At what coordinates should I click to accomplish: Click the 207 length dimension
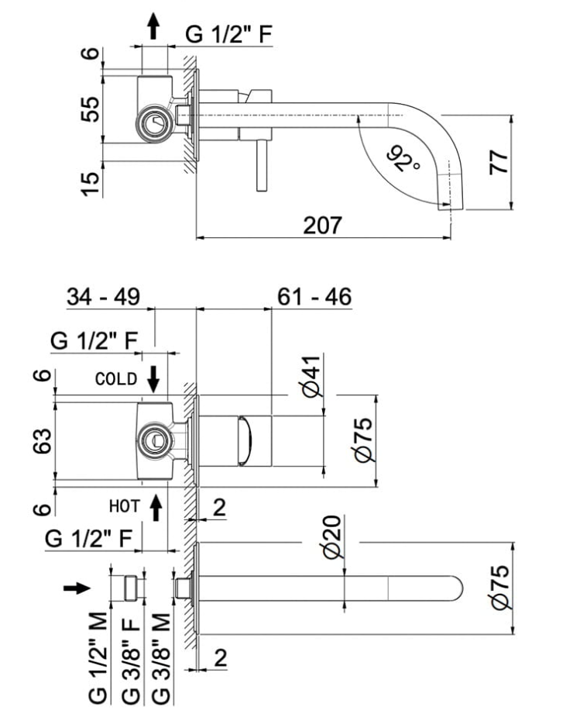(x=322, y=225)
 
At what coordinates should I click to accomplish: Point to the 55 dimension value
(x=91, y=108)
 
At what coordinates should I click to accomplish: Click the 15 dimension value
(x=91, y=183)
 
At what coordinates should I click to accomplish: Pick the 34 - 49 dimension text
(x=102, y=297)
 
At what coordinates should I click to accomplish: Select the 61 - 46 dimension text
(x=314, y=297)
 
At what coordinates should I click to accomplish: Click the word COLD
(x=116, y=379)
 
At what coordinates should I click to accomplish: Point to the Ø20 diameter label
(x=331, y=540)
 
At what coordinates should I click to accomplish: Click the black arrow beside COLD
(x=153, y=378)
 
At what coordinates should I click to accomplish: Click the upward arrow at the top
(x=154, y=27)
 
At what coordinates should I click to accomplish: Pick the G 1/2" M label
(x=98, y=657)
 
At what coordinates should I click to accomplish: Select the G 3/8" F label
(x=129, y=657)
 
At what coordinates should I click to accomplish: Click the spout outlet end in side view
(x=450, y=205)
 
